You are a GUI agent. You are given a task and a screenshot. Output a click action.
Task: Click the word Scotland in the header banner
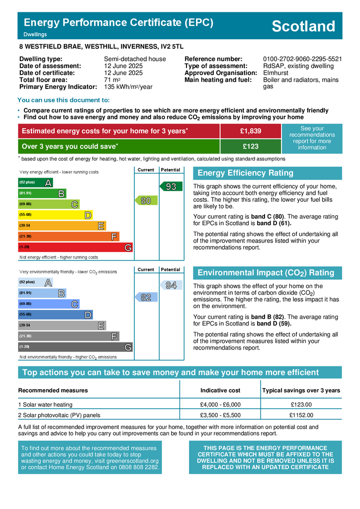303,26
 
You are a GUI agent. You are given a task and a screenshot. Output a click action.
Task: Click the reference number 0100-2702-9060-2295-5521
302,59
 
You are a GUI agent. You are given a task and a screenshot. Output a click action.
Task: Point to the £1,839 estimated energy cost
250,131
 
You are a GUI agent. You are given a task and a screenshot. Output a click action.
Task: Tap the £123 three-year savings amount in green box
250,147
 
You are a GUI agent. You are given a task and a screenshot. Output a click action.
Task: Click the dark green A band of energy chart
35,183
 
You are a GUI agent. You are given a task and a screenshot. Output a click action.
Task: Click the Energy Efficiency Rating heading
246,173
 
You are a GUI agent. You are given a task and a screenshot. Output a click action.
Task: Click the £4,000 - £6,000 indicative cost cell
220,405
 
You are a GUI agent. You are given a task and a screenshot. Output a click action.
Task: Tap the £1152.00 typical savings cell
301,415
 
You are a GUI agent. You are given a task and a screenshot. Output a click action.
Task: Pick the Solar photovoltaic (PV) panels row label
59,415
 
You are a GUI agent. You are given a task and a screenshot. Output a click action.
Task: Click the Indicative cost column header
220,390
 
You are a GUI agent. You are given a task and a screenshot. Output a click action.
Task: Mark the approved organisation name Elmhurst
276,73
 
